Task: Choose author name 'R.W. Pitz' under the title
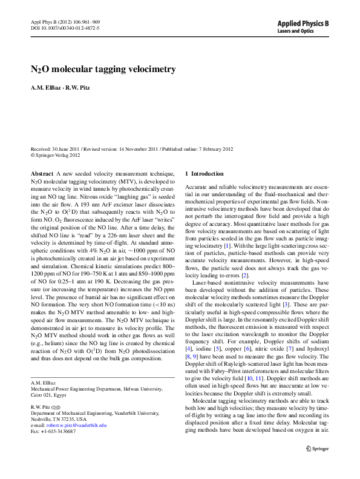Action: tap(80, 88)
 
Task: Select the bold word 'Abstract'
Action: tap(42, 174)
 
